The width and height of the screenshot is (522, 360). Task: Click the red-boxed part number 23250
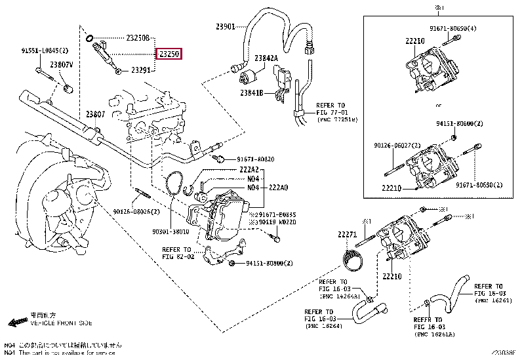coord(169,54)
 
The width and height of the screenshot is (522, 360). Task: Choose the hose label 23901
coord(226,27)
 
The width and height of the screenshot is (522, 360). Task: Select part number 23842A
coord(267,58)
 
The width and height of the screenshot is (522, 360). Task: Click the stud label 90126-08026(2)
coord(136,212)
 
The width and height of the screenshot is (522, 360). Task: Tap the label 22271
coord(347,234)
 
